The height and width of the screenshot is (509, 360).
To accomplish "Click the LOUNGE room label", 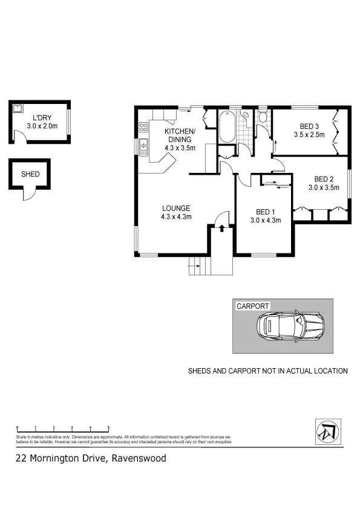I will [176, 208].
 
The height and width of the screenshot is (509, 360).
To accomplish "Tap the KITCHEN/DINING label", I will [180, 136].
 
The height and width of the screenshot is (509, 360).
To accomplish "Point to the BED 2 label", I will [324, 179].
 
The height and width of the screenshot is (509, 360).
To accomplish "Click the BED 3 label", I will [310, 126].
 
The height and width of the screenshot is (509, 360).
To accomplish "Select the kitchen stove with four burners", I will [144, 127].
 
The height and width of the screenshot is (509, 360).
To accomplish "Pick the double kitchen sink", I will [143, 146].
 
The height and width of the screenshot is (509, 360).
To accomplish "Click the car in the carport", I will [289, 326].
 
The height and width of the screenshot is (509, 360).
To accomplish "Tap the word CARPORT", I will [253, 306].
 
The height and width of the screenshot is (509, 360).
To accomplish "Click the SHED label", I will [30, 174].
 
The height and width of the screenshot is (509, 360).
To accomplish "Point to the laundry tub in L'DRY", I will [18, 109].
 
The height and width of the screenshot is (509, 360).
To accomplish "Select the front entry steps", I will [197, 265].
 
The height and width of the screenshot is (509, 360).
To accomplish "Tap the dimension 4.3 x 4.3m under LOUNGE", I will [176, 216].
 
